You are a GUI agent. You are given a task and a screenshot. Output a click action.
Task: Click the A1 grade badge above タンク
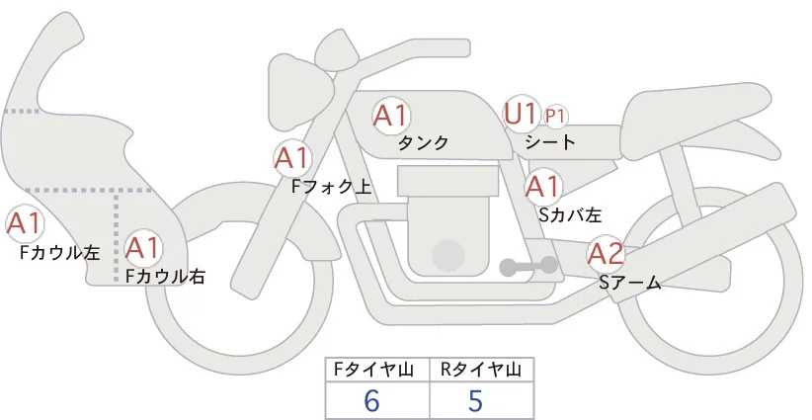[391, 115]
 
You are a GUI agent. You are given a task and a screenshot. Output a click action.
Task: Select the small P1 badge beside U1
[555, 116]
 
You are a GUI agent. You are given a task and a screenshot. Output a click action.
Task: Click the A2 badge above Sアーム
[605, 254]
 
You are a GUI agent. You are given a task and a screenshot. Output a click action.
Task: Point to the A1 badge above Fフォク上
[292, 157]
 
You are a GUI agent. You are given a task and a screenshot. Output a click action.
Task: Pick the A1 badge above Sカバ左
[543, 185]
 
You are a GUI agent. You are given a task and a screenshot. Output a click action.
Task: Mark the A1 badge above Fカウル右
[143, 246]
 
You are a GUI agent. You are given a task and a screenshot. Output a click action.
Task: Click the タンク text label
[424, 142]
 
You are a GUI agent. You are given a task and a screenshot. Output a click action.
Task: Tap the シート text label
[549, 142]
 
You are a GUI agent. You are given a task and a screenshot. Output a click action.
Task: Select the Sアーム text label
[630, 283]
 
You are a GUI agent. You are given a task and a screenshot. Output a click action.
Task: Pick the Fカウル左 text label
[60, 252]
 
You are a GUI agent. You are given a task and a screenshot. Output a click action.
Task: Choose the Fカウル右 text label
[164, 276]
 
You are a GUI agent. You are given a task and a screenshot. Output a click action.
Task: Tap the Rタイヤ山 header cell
[481, 370]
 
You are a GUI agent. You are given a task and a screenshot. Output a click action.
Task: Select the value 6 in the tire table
[372, 401]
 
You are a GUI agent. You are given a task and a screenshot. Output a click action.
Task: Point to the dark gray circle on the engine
[449, 254]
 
